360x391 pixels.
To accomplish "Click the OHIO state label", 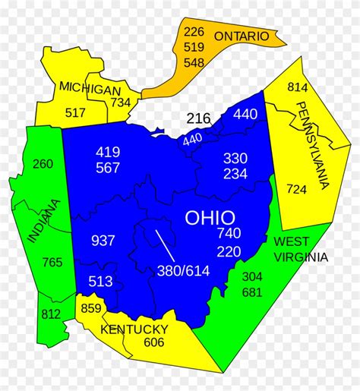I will coord(210,218).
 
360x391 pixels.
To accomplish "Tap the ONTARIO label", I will coord(241,36).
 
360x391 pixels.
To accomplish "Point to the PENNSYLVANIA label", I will coord(312,144).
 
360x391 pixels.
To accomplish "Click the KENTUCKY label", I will coord(134,329).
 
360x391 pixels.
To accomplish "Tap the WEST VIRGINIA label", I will coord(301,249).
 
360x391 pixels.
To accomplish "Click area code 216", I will coord(198,118).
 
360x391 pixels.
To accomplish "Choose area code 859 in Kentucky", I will coord(90,309).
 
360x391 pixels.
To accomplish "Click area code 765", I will coord(52,263).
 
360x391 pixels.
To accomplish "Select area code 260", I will coord(43,164).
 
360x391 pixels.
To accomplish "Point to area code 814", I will coord(297,87).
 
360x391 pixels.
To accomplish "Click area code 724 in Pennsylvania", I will coord(296,188).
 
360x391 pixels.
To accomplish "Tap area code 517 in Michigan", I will coord(75,113).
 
